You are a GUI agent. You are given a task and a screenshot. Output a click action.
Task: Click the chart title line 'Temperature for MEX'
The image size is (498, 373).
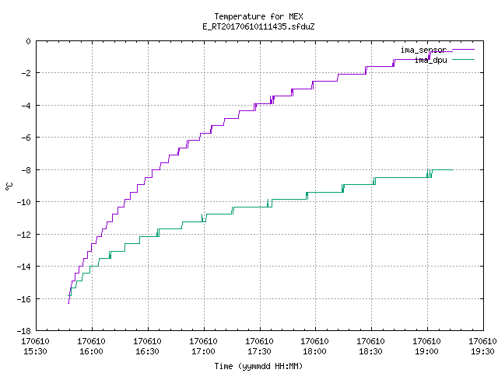[x=258, y=16]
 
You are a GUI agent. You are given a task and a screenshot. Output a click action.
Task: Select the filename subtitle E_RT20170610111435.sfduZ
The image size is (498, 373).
[x=258, y=26]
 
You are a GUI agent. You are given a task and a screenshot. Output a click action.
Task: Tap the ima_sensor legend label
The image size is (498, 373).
[x=423, y=50]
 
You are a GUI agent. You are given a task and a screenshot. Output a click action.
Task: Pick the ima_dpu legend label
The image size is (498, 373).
[x=430, y=60]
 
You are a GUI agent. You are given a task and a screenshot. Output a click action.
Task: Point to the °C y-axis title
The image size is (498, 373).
[x=9, y=186]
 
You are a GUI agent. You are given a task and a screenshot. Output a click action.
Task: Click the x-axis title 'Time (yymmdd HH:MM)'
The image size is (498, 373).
[x=258, y=366]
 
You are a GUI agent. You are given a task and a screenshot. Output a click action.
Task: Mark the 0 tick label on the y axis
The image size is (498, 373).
[x=29, y=41]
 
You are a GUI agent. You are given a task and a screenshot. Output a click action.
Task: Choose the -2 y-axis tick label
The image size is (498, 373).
[x=26, y=73]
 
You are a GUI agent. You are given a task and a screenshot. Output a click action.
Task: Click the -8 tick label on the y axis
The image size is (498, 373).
[x=26, y=169]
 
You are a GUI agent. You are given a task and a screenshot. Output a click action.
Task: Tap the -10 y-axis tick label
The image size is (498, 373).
[x=24, y=202]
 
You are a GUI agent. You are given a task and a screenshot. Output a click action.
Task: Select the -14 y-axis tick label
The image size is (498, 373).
[x=24, y=267]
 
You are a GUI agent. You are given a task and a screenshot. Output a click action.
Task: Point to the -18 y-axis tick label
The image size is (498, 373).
[x=24, y=331]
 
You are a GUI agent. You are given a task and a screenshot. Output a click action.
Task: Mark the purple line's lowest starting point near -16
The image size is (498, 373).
[x=68, y=304]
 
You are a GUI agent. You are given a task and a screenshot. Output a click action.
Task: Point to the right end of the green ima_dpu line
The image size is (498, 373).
[x=453, y=170]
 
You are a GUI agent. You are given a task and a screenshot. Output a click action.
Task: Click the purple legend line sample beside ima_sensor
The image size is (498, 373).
[x=463, y=50]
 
